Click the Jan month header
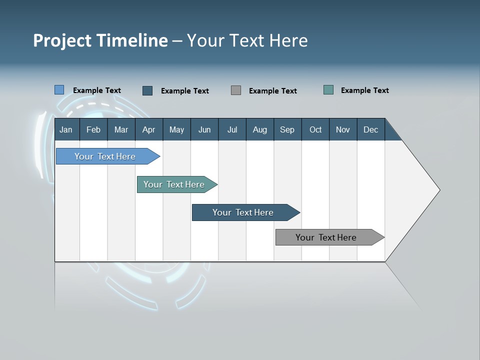point(66,130)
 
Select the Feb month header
point(93,130)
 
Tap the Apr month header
point(149,130)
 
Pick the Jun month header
point(204,130)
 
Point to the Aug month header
point(260,130)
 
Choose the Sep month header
point(287,130)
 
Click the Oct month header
point(315,130)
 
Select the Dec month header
point(371,130)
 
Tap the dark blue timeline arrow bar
point(243,212)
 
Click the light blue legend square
point(59,90)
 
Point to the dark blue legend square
point(147,90)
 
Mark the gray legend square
point(236,90)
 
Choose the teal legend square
point(328,90)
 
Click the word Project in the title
point(62,40)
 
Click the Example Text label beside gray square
point(273,91)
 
